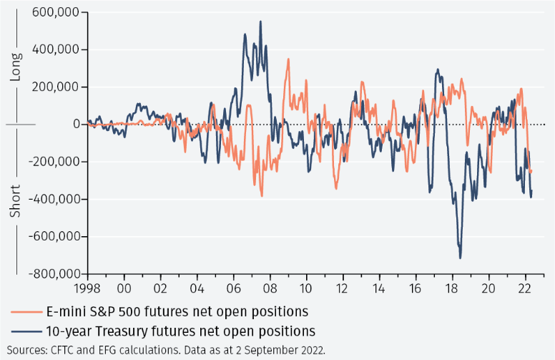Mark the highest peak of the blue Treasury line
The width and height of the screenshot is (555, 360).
(260, 21)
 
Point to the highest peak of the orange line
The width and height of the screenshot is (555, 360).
(288, 59)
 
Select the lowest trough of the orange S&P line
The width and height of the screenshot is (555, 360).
(262, 195)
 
